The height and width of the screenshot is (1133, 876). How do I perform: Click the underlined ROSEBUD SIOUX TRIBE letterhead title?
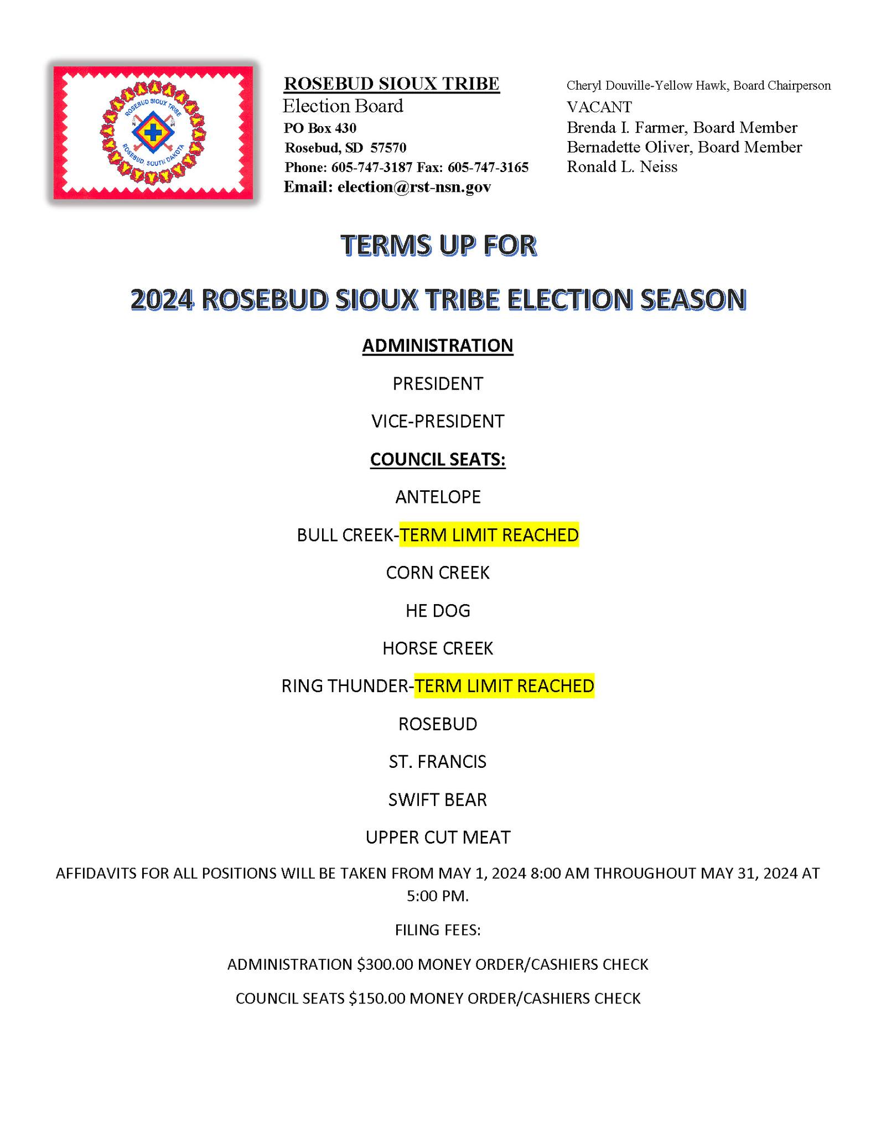click(x=391, y=84)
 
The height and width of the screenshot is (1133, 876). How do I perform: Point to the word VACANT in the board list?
click(x=599, y=107)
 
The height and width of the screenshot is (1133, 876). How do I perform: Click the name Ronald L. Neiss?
click(x=621, y=167)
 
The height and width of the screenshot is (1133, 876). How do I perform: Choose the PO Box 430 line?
click(x=320, y=128)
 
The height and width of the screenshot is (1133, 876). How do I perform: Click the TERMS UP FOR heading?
click(x=438, y=245)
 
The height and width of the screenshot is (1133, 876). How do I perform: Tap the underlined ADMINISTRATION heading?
click(x=438, y=345)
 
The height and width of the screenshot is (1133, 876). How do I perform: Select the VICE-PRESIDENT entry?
click(x=438, y=421)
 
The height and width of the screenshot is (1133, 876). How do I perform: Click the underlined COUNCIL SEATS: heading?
click(x=438, y=459)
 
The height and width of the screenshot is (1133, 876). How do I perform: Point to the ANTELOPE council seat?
click(x=438, y=497)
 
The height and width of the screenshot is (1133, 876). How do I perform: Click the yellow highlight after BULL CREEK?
click(x=489, y=535)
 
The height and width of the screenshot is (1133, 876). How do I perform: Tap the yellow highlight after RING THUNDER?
click(x=504, y=686)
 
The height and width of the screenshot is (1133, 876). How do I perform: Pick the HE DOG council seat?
click(x=438, y=610)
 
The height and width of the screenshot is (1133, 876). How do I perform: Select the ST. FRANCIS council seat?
click(x=438, y=762)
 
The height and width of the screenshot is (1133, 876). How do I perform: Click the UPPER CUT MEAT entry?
click(x=438, y=837)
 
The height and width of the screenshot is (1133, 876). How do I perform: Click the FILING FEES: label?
click(x=438, y=930)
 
